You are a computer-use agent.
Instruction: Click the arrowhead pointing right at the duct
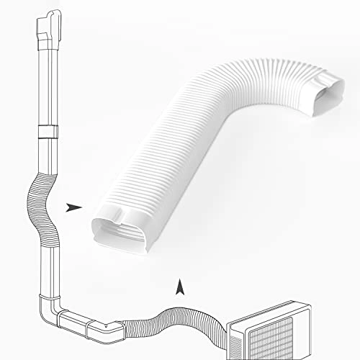[x=72, y=208]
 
